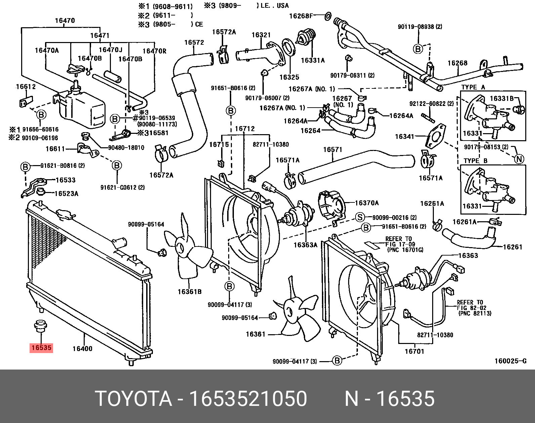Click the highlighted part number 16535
coord(41,348)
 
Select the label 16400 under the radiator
coord(82,349)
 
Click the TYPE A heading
coord(473,87)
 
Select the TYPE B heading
coord(475,161)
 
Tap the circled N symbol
coord(519,159)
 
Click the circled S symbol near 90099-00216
coord(360,217)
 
